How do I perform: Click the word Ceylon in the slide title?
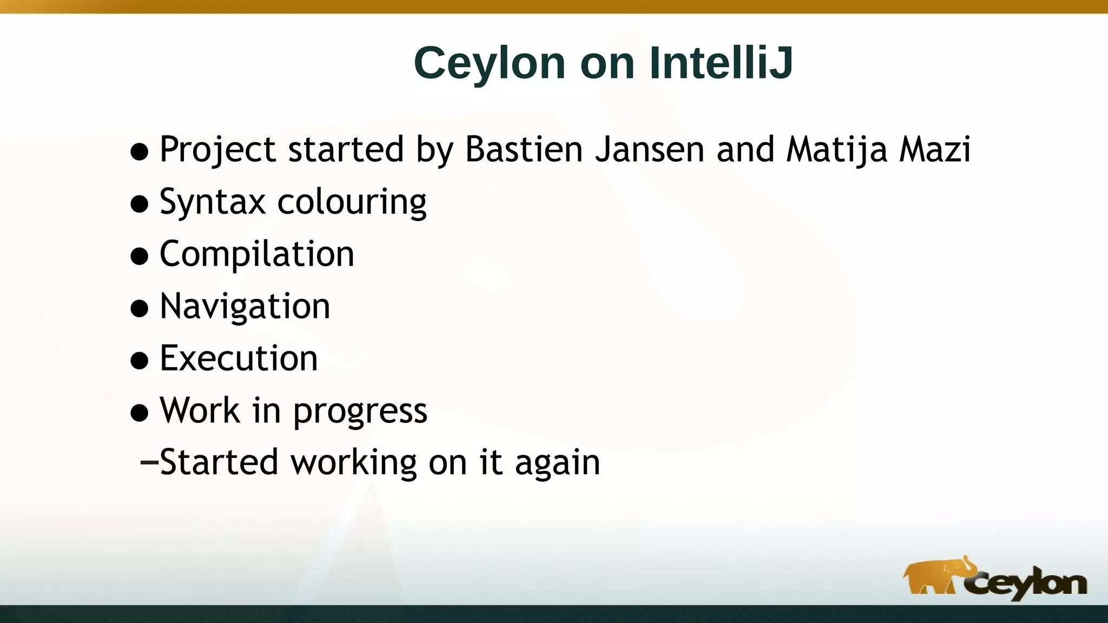click(490, 64)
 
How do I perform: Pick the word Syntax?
click(213, 202)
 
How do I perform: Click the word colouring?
click(352, 202)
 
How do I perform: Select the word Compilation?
click(257, 254)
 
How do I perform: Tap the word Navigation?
click(245, 307)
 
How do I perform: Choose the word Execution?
click(239, 358)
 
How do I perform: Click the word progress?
click(360, 411)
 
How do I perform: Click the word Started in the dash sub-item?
click(219, 462)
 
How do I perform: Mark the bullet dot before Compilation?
click(140, 256)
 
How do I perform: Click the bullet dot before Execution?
click(140, 361)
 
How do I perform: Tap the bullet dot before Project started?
click(140, 151)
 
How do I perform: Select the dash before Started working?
click(149, 463)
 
